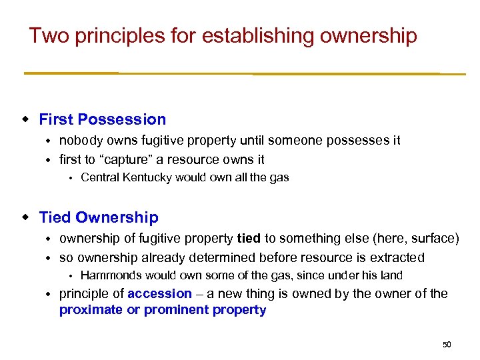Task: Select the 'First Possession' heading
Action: tap(103, 120)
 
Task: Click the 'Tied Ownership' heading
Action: tap(99, 218)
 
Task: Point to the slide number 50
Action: tap(447, 345)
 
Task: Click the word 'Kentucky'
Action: tap(143, 177)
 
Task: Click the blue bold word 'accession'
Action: tap(159, 294)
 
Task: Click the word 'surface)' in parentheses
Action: tap(436, 239)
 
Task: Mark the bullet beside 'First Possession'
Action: tap(25, 120)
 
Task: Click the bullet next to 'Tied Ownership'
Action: tap(25, 218)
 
